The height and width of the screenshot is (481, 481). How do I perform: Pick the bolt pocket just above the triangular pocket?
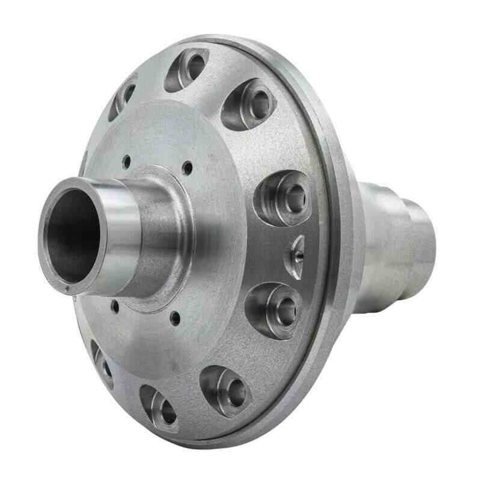[283, 197]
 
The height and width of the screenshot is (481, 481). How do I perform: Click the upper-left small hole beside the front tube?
[126, 161]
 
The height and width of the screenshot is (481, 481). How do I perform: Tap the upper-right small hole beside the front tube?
[188, 168]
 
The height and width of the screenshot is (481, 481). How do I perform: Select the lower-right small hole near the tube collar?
[174, 317]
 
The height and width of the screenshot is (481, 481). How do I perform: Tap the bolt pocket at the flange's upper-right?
[250, 103]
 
